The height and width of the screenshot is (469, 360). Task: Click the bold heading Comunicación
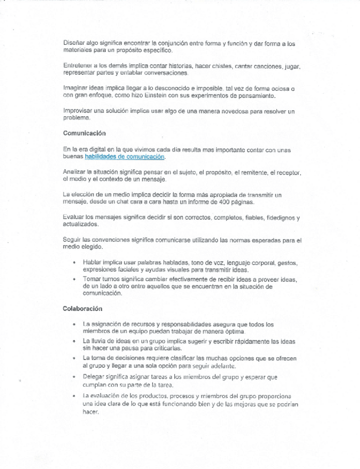(85, 133)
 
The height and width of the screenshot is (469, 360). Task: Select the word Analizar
(76, 173)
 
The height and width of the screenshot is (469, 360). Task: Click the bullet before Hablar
(74, 262)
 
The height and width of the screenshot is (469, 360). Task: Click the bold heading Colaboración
(82, 309)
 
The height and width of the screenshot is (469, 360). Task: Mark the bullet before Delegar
(74, 377)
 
